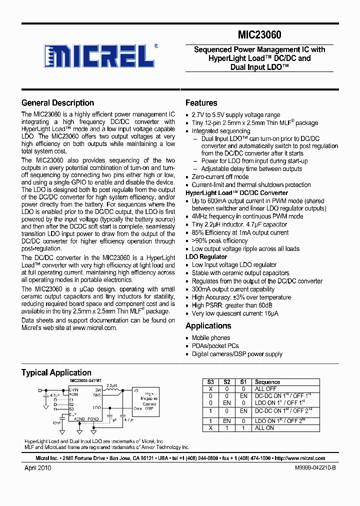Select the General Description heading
57,103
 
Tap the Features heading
201,103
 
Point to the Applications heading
208,326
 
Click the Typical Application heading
56,372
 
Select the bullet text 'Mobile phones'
211,338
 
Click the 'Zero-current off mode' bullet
220,177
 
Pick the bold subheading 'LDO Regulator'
206,257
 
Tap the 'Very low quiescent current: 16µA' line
235,313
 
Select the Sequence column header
267,382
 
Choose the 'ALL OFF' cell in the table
265,388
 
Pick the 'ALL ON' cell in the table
264,428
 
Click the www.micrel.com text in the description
94,328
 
